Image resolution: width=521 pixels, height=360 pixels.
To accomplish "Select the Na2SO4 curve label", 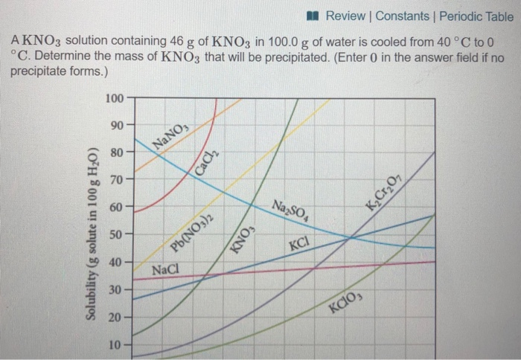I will click(288, 211).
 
